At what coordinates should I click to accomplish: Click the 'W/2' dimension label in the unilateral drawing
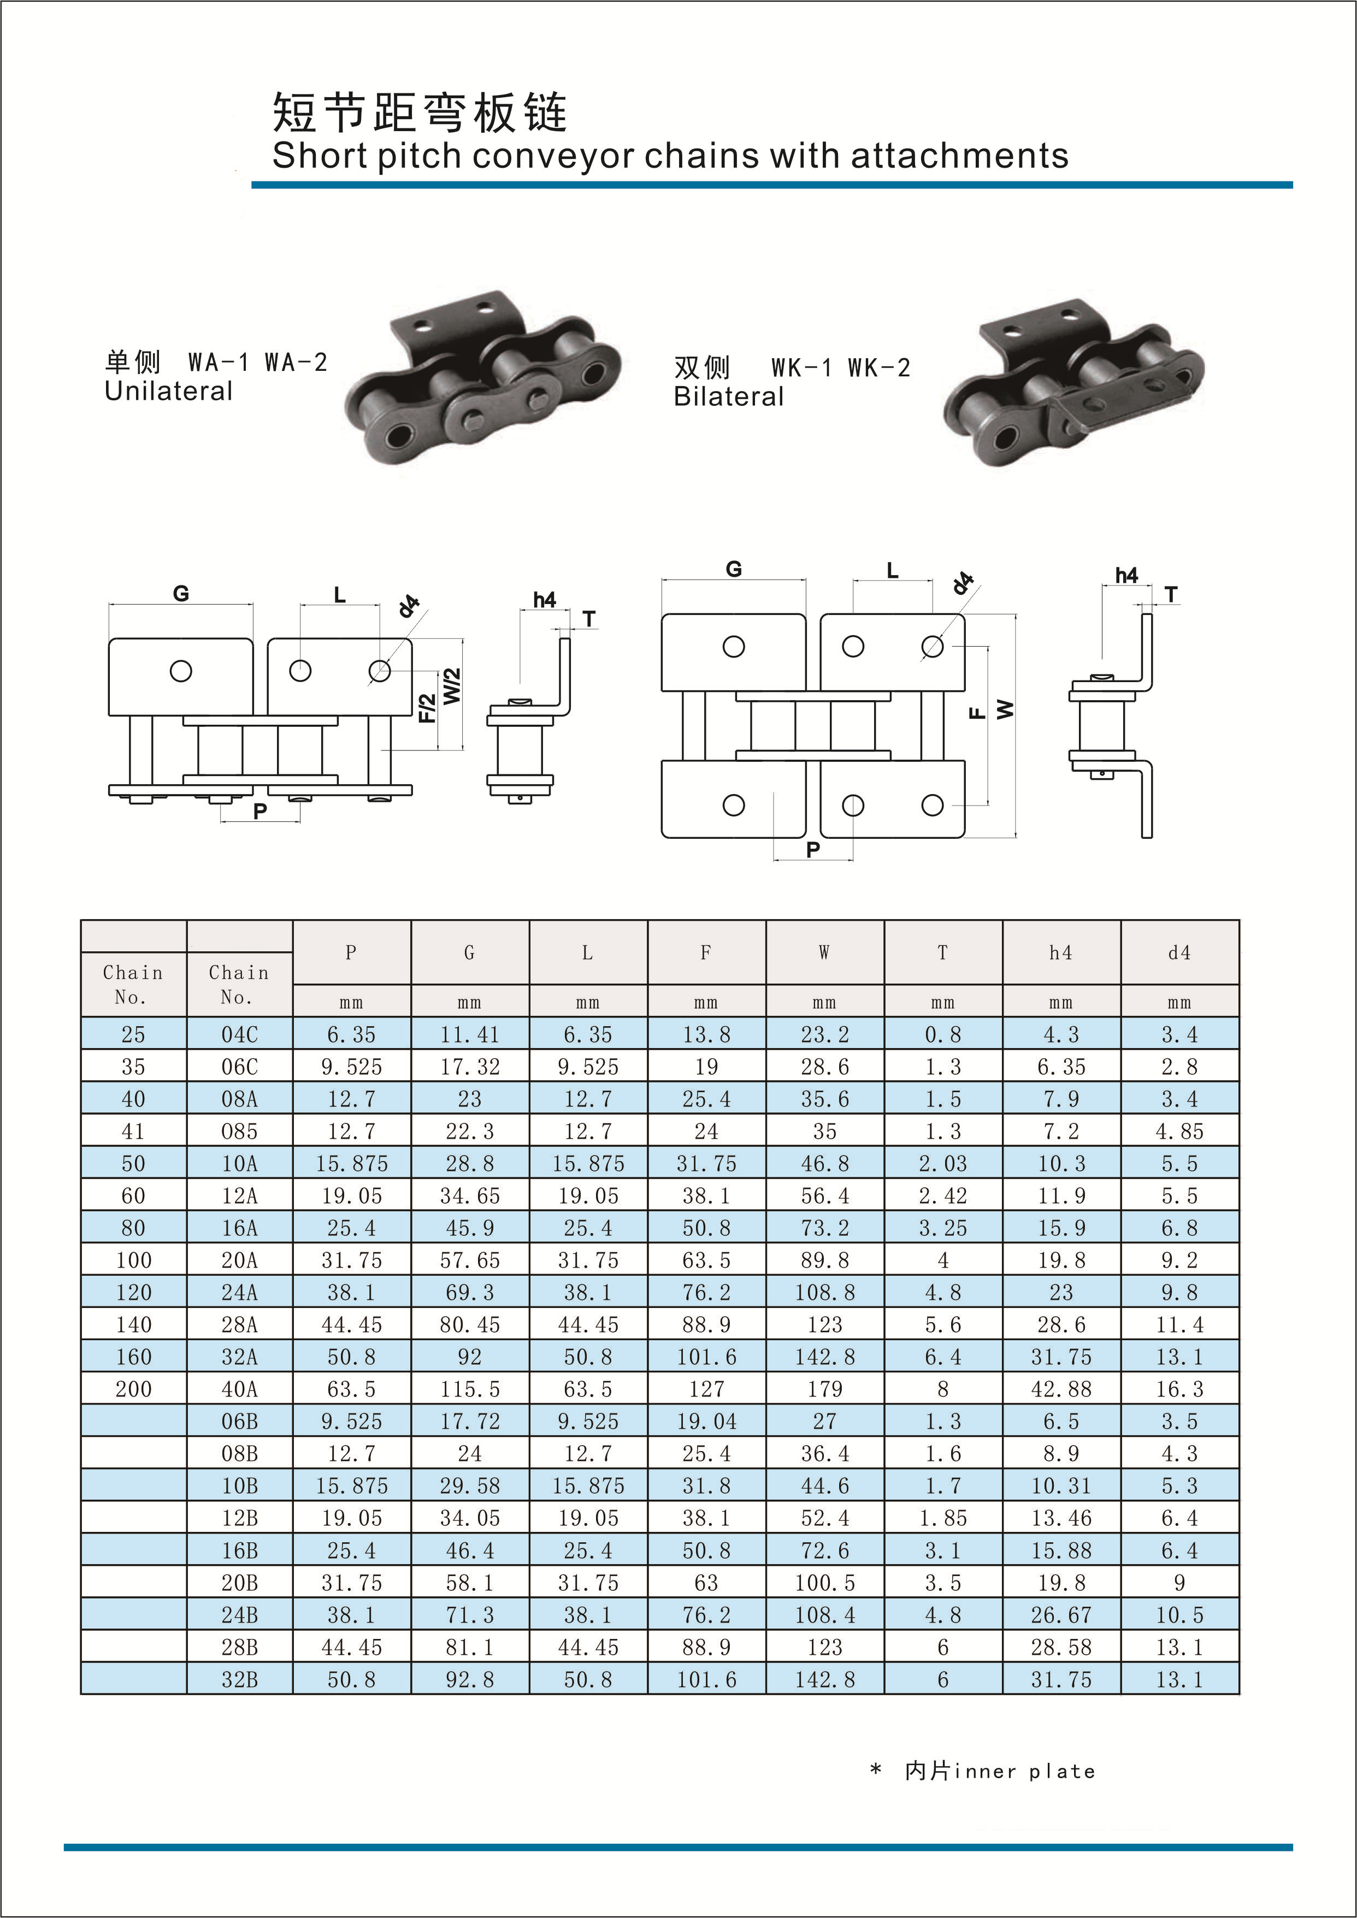coord(452,686)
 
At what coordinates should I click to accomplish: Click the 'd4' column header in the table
coord(1179,952)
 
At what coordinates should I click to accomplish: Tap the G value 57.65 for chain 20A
coord(470,1260)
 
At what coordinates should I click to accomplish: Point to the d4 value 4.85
coord(1179,1131)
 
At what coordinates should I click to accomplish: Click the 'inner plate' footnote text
coord(1024,1771)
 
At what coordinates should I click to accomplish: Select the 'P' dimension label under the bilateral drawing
coord(813,850)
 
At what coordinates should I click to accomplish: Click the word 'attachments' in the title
coord(959,156)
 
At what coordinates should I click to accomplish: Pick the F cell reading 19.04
coord(706,1421)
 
